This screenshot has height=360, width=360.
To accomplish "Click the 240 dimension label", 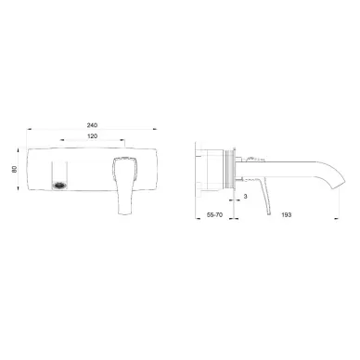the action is point(92,125).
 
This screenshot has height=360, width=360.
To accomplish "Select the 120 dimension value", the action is point(93,136).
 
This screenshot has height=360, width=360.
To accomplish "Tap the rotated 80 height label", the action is point(15,169).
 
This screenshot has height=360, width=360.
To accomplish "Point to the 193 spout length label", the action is point(287,214).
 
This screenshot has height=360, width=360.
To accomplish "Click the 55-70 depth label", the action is point(214,214).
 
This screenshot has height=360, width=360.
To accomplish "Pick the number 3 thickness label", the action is point(245,197).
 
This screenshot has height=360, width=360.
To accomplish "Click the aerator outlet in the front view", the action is point(59,186).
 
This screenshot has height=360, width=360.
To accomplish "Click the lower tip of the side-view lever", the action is point(268,213).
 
